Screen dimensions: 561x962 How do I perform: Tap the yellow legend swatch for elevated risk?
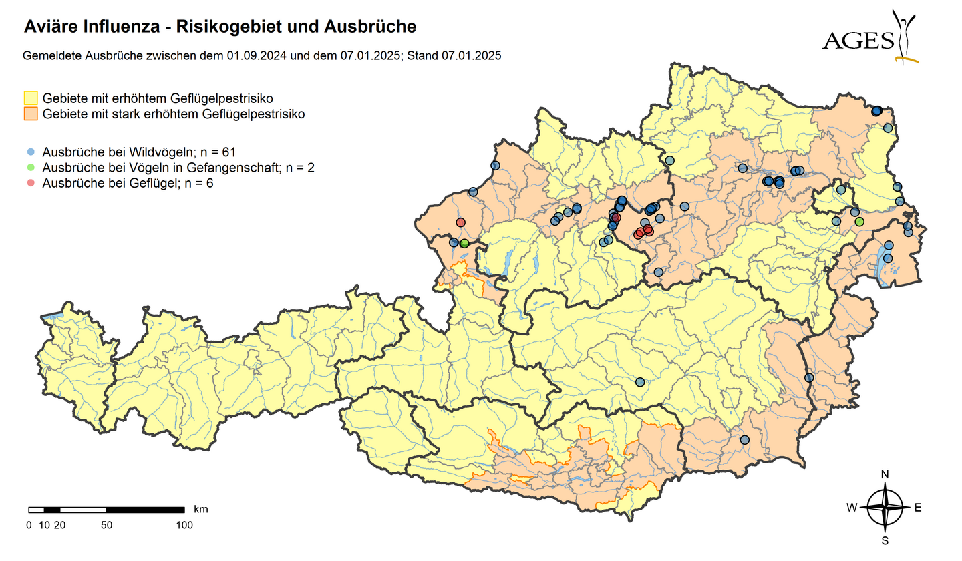point(31,99)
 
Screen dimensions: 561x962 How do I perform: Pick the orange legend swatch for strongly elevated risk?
point(31,114)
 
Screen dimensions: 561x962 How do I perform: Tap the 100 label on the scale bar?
point(184,525)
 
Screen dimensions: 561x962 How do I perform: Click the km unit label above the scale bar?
point(200,509)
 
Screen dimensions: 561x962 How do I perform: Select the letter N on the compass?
point(885,474)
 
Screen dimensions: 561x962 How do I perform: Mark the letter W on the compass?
point(852,508)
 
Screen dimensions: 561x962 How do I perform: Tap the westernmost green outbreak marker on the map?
point(464,244)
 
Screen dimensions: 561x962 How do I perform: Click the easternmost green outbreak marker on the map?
point(859,221)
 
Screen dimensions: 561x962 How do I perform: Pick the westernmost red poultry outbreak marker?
point(460,222)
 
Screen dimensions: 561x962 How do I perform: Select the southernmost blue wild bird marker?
point(745,439)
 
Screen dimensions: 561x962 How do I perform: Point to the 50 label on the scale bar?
point(106,525)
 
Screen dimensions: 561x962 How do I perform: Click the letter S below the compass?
point(885,540)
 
